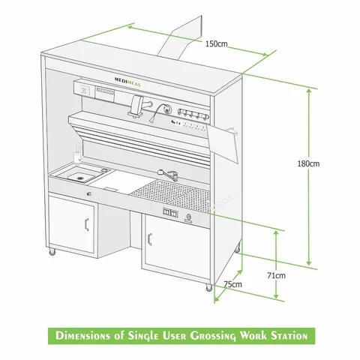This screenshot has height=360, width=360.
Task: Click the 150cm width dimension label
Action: (216, 43)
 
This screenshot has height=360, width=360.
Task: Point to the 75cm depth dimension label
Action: (233, 284)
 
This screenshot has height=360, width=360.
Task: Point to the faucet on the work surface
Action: (169, 174)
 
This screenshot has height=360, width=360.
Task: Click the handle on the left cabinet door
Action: (88, 223)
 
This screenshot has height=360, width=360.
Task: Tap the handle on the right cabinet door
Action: (150, 240)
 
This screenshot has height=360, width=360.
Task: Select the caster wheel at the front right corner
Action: (208, 287)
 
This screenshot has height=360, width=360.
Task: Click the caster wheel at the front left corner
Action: (52, 254)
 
